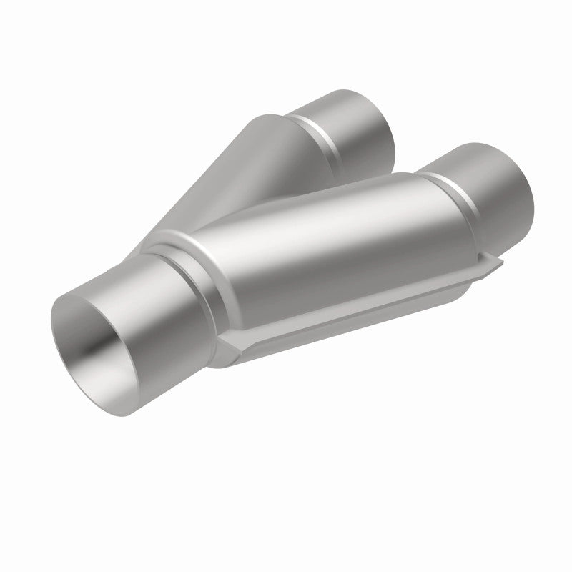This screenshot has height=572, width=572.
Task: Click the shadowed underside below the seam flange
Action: pos(343,329)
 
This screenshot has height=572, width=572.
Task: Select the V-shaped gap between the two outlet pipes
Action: pos(400,164)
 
